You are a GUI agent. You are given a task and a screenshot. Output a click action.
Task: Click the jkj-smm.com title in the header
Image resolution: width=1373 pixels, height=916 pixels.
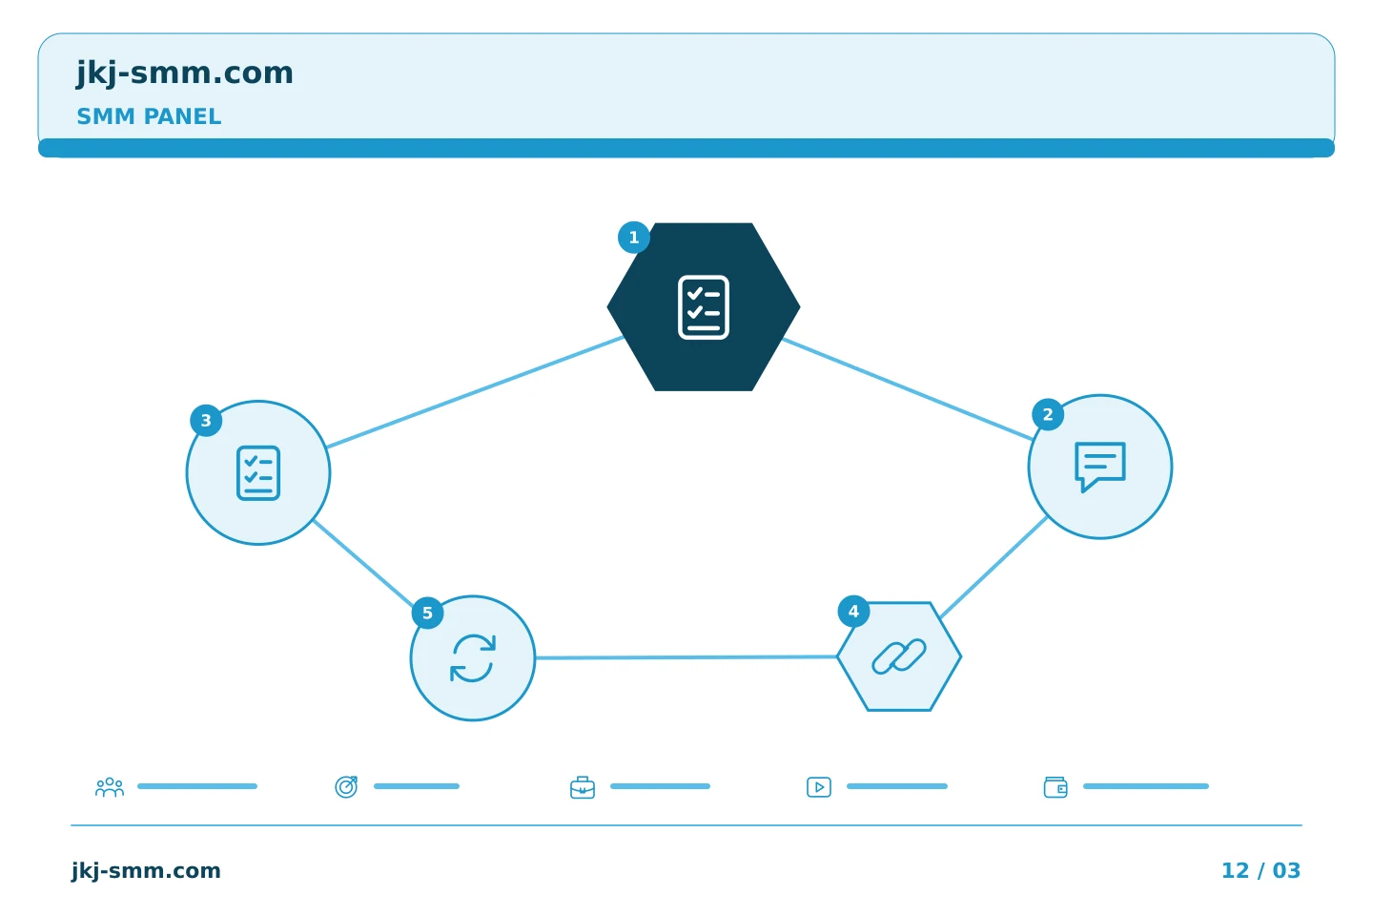point(185,73)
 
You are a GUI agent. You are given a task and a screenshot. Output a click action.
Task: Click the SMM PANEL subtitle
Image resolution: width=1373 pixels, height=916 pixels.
point(149,116)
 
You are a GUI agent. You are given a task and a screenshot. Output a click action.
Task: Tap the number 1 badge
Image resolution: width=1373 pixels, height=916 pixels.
point(634,238)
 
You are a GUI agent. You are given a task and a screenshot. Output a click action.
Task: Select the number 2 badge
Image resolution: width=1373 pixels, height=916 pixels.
point(1048,415)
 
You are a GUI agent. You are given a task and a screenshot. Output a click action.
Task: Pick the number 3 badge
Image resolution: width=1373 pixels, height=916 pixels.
point(206,421)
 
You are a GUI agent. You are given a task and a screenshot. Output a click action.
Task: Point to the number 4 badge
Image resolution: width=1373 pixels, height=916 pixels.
point(853,612)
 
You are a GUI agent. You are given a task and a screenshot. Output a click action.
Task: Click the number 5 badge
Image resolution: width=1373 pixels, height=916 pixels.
point(427,613)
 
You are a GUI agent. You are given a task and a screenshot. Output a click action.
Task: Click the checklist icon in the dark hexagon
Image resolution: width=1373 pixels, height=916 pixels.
point(704,307)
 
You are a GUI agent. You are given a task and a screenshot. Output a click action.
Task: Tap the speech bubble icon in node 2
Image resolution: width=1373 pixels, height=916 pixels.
point(1100,467)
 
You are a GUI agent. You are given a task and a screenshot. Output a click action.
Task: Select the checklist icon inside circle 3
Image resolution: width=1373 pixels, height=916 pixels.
point(258,473)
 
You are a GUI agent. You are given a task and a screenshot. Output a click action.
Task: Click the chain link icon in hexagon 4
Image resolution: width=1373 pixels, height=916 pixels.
point(899,656)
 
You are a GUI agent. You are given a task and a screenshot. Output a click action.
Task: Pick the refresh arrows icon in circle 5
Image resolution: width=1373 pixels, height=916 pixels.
point(473,658)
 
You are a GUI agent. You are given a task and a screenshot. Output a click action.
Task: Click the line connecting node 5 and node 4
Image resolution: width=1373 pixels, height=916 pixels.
point(686,657)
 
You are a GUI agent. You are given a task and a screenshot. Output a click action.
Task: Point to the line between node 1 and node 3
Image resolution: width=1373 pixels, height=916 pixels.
point(475,392)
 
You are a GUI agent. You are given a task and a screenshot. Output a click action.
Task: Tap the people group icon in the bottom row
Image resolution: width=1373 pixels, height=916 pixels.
point(110,787)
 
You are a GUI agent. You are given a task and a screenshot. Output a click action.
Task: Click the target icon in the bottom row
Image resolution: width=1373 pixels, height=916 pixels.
point(346,787)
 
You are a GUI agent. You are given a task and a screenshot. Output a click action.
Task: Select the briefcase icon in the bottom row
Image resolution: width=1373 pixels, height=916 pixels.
point(583,788)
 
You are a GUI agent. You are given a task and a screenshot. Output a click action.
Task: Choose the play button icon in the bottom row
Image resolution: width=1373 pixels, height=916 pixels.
point(819,787)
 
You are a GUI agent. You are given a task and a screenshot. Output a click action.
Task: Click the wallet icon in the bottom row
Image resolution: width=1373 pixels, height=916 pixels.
point(1055,787)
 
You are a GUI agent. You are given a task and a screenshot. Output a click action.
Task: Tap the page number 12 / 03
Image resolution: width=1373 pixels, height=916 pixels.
point(1260,870)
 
